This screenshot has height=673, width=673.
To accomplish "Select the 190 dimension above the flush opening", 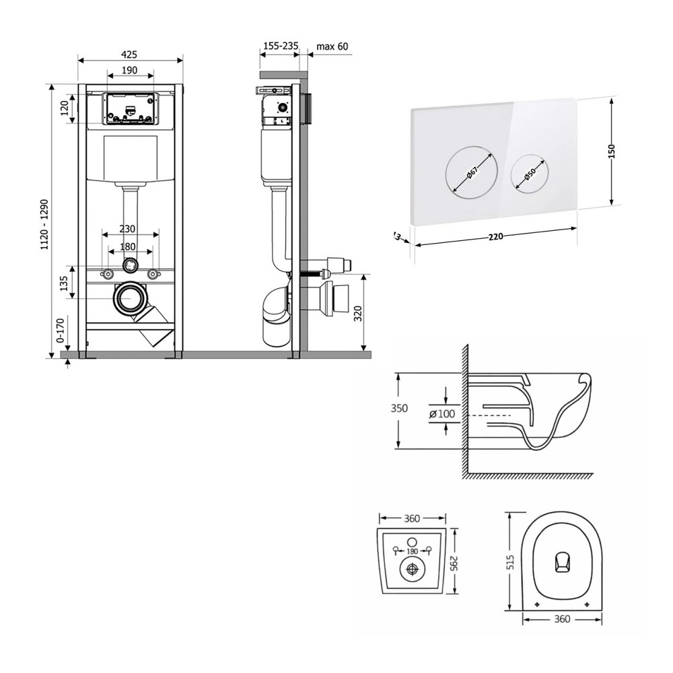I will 130,70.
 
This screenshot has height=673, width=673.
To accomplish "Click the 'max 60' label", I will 332,46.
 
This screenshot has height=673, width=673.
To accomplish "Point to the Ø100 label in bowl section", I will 441,414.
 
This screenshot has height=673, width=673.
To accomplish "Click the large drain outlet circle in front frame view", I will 129,298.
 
